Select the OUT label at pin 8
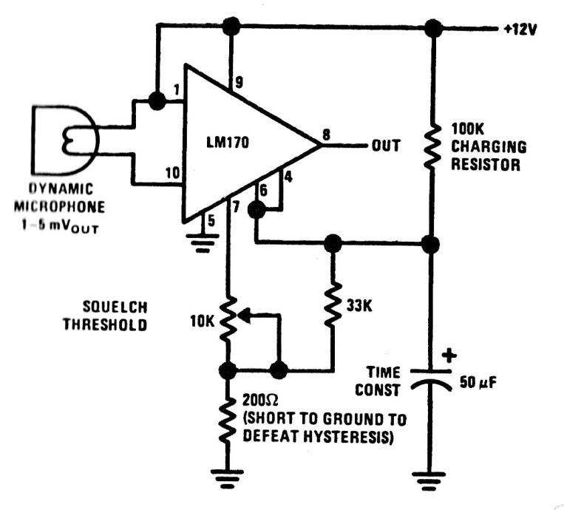[x=384, y=145]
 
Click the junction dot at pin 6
[x=256, y=210]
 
